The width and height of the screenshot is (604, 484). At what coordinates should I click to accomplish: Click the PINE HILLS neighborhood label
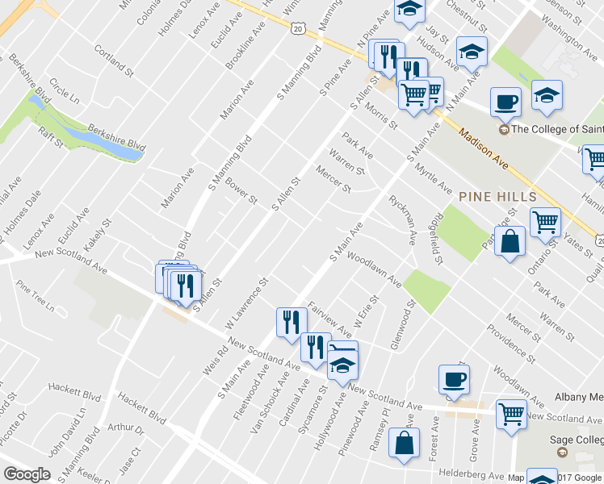tap(486, 197)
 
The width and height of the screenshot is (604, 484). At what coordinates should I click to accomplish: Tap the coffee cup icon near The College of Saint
tap(505, 102)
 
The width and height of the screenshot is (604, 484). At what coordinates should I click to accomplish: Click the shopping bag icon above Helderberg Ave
tap(404, 444)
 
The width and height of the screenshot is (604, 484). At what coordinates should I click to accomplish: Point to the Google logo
tap(27, 474)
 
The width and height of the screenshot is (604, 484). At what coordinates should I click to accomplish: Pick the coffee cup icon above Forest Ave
tap(453, 379)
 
